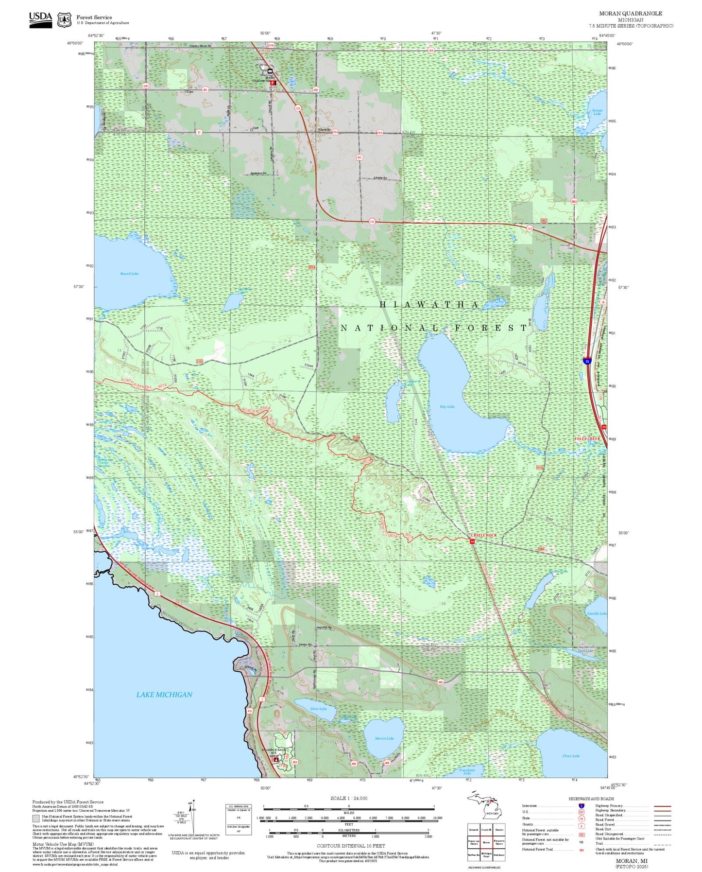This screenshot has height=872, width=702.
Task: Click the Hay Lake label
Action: coord(446,406)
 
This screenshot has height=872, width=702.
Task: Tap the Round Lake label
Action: coord(129,274)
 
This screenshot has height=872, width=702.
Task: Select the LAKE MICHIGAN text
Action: coord(164,695)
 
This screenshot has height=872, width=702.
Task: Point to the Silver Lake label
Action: coord(318,709)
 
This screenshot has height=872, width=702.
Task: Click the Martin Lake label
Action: coord(384,738)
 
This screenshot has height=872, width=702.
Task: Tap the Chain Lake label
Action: coord(571,756)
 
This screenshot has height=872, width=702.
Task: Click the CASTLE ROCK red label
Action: coord(484,535)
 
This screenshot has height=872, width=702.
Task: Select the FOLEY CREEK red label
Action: coord(588,438)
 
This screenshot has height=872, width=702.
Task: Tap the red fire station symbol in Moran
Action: coord(273,83)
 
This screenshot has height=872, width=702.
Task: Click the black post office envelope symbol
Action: coord(270,71)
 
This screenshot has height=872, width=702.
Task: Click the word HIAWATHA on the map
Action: coord(429,305)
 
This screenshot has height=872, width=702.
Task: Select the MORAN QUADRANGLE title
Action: coord(630,14)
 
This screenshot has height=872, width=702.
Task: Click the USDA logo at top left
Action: coord(40,19)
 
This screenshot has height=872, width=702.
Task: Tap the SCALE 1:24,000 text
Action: coord(349,798)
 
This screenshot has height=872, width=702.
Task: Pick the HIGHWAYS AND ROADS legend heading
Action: coord(591,799)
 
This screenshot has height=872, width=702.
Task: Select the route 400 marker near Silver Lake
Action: coord(441,682)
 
